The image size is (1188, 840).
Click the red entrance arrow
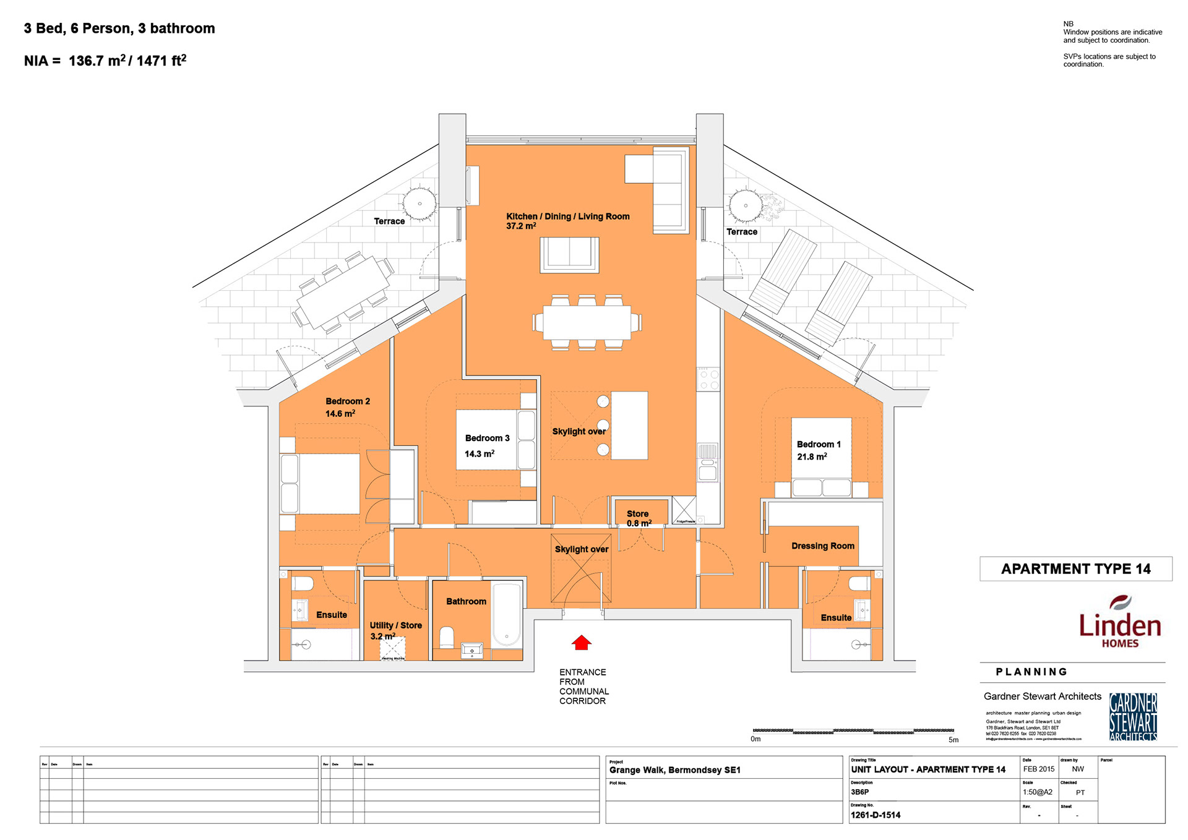[581, 643]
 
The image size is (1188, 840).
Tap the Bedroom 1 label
[818, 444]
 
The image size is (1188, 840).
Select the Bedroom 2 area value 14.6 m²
[340, 413]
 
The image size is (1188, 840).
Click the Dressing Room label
[822, 546]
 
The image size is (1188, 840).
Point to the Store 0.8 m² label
[638, 518]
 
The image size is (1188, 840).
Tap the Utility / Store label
[395, 625]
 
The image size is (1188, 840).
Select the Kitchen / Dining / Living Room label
[567, 216]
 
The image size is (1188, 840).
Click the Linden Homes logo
[1119, 622]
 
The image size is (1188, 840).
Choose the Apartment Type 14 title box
[1075, 568]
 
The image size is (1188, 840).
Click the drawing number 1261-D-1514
[876, 815]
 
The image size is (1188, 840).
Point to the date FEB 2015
[1038, 769]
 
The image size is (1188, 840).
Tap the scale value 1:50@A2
[1037, 792]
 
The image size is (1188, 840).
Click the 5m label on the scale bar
[953, 739]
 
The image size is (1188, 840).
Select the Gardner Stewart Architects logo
[1133, 716]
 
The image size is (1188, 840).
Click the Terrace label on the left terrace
[389, 221]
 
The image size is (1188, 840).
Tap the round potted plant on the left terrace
[420, 203]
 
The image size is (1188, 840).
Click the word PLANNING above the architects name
[1031, 672]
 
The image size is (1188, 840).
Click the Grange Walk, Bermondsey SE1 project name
[674, 769]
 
